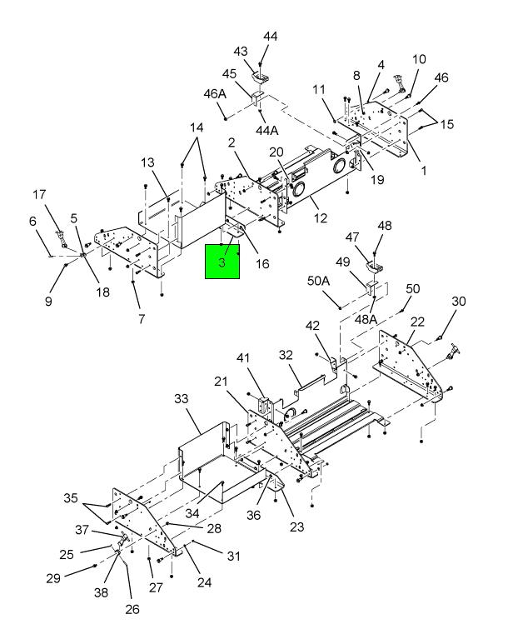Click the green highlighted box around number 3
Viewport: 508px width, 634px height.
(x=222, y=262)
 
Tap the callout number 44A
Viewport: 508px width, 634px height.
(x=266, y=130)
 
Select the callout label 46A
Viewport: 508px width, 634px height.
(x=215, y=94)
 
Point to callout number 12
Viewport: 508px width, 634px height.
(x=320, y=218)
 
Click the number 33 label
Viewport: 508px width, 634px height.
(x=182, y=399)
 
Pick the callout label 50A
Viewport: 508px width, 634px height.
(x=318, y=281)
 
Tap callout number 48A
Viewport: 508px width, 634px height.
(x=366, y=319)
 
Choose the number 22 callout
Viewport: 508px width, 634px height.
(x=417, y=322)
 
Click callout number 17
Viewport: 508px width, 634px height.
(x=39, y=194)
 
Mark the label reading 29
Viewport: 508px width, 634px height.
(x=53, y=578)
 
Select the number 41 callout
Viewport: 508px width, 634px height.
(x=243, y=358)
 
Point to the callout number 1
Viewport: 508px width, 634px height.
(x=424, y=171)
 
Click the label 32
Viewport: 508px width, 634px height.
(x=286, y=355)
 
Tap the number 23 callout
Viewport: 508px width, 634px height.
(x=296, y=527)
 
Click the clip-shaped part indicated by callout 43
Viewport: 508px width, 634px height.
(x=261, y=77)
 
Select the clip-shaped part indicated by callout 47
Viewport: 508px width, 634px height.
(x=375, y=267)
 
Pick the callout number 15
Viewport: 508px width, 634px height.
(x=447, y=124)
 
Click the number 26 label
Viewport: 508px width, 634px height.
(x=132, y=609)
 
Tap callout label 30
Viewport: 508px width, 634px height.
(x=459, y=302)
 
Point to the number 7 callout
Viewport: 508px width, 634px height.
(x=142, y=319)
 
